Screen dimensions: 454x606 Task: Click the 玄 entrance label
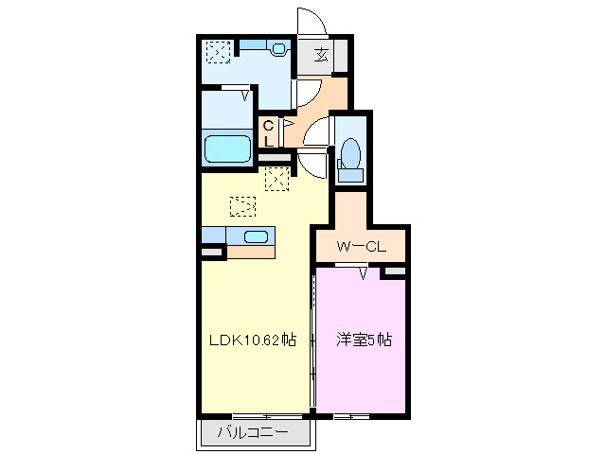coord(321,55)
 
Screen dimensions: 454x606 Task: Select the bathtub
coord(227,148)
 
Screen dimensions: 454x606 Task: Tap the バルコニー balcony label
coord(254,434)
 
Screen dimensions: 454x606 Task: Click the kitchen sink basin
coord(257,236)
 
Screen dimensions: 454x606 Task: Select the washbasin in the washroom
coord(277,48)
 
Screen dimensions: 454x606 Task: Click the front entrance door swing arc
coord(310,21)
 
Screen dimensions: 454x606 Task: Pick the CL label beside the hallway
coord(268,132)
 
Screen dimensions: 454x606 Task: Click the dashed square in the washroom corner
coord(219,51)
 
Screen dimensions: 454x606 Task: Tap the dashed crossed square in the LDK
coord(277,178)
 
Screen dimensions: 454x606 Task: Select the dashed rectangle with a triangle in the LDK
coord(243,203)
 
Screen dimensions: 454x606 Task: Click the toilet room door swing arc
coord(320,131)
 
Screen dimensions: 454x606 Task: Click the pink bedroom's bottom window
coord(351,416)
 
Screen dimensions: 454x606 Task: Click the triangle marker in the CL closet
coord(286,122)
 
